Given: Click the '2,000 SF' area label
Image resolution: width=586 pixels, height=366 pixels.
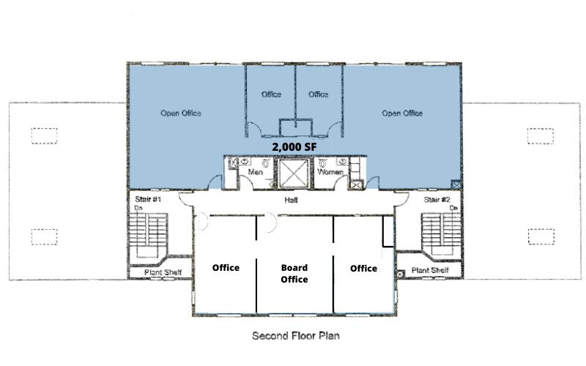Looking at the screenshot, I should pyautogui.click(x=294, y=146).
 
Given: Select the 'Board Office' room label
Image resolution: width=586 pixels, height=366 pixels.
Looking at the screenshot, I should pyautogui.click(x=294, y=273).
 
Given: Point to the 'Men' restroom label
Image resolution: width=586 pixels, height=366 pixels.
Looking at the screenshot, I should pyautogui.click(x=256, y=172).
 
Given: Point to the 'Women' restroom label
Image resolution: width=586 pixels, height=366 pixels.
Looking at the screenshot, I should pyautogui.click(x=330, y=172).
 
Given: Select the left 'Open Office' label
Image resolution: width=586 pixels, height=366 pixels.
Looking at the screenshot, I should pyautogui.click(x=181, y=113).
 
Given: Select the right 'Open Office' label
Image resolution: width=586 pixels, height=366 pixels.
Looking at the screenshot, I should pyautogui.click(x=402, y=113).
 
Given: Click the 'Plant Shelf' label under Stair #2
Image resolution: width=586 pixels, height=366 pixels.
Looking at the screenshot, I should pyautogui.click(x=430, y=270).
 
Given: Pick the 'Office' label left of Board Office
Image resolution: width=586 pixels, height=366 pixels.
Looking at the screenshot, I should pyautogui.click(x=226, y=268).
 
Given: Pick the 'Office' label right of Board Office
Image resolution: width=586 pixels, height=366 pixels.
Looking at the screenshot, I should pyautogui.click(x=363, y=268).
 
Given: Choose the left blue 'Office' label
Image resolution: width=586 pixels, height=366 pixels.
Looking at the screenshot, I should pyautogui.click(x=271, y=94).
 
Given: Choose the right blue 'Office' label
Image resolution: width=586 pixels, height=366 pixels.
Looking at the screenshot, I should pyautogui.click(x=318, y=94).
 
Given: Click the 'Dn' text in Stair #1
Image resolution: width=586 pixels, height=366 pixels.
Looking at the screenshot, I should pyautogui.click(x=137, y=208).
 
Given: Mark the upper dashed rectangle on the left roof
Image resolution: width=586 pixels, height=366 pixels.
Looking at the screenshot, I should pyautogui.click(x=44, y=136).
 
